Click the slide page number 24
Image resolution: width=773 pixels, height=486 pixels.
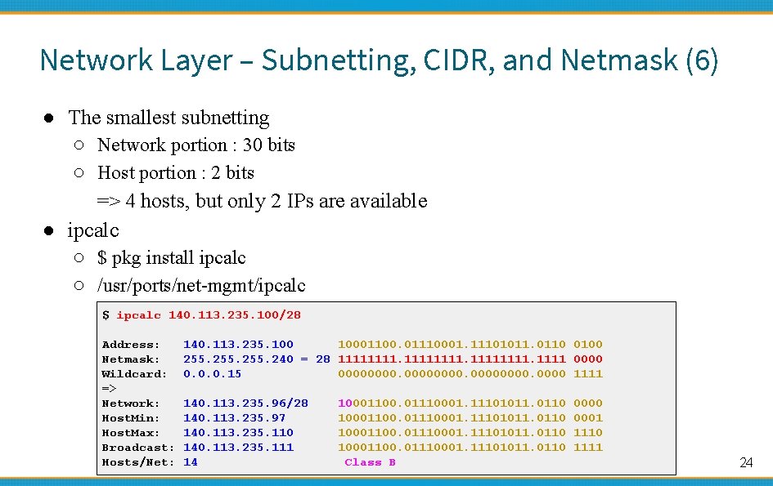pos(745,463)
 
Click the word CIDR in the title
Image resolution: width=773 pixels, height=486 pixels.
pos(458,60)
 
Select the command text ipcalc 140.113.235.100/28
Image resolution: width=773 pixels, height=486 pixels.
pos(208,315)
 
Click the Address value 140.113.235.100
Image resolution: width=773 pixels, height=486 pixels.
pos(238,345)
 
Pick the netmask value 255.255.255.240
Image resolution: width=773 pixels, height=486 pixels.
pos(238,359)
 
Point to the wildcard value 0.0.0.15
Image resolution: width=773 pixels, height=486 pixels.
pos(212,374)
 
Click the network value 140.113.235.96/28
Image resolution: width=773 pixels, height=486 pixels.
pos(245,404)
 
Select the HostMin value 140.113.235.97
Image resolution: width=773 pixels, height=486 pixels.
pos(234,418)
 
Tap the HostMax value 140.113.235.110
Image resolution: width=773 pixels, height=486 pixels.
pos(238,433)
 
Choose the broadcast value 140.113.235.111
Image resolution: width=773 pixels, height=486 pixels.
pos(238,448)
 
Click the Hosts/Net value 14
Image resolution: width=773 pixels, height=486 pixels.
pos(191,462)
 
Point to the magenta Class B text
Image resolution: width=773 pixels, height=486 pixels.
pos(370,462)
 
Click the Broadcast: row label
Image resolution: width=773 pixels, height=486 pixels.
pos(137,448)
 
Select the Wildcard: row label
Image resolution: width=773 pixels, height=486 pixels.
pos(134,374)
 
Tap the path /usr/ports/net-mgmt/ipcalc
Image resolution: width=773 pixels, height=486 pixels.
pos(201,286)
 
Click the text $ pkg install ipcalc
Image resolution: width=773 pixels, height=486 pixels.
pos(171,258)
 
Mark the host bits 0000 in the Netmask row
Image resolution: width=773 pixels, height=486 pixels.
pos(588,359)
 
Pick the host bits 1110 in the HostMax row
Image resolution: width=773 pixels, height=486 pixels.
pos(588,433)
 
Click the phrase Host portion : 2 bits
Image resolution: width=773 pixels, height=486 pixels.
pos(175,173)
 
